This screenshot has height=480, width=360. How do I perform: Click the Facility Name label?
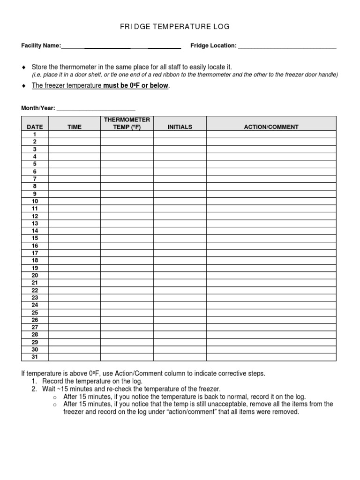pyautogui.click(x=41, y=45)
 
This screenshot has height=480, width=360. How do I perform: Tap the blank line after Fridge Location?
pyautogui.click(x=287, y=46)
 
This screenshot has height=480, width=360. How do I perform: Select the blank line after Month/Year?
pyautogui.click(x=96, y=108)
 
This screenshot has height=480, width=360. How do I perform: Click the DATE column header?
pyautogui.click(x=35, y=127)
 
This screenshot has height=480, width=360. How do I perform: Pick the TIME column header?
pyautogui.click(x=75, y=127)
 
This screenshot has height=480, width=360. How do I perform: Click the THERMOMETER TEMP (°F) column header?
pyautogui.click(x=127, y=123)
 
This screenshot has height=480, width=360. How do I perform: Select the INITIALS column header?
pyautogui.click(x=180, y=127)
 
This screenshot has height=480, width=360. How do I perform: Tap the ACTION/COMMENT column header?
pyautogui.click(x=271, y=127)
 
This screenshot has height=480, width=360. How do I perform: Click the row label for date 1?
pyautogui.click(x=35, y=134)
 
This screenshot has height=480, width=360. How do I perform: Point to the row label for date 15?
pyautogui.click(x=35, y=238)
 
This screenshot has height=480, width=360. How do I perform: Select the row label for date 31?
pyautogui.click(x=35, y=357)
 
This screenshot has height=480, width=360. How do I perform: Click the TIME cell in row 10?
pyautogui.click(x=75, y=201)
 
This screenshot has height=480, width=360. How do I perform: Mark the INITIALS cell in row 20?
pyautogui.click(x=180, y=276)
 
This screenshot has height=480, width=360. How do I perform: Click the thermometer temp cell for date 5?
pyautogui.click(x=127, y=164)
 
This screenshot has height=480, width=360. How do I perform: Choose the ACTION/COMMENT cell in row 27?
pyautogui.click(x=271, y=328)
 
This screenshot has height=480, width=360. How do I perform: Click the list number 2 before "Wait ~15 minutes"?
pyautogui.click(x=34, y=389)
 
